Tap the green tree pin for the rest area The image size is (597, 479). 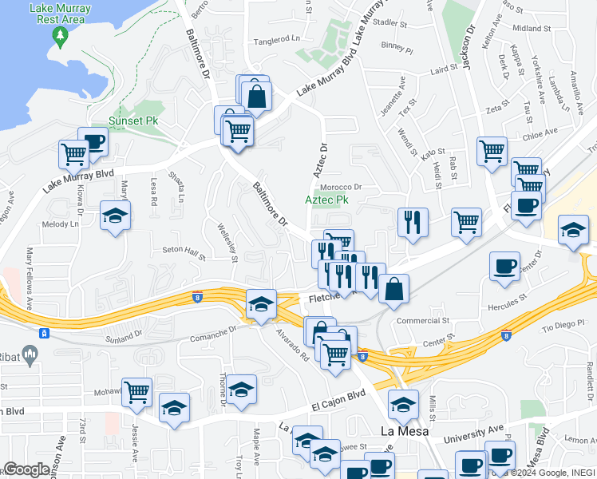tap(59, 36)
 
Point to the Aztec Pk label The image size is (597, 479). tap(327, 200)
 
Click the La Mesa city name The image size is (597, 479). tap(404, 431)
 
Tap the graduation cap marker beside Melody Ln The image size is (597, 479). tap(116, 216)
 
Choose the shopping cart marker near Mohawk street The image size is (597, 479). tap(136, 393)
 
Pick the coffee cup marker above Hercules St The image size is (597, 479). tap(504, 267)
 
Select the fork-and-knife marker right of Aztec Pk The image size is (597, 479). tap(413, 222)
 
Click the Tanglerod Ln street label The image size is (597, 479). tap(276, 38)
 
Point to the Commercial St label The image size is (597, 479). tap(423, 321)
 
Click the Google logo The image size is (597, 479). tap(26, 469)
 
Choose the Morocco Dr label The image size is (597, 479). tap(342, 187)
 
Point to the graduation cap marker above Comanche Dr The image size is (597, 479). tap(261, 304)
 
